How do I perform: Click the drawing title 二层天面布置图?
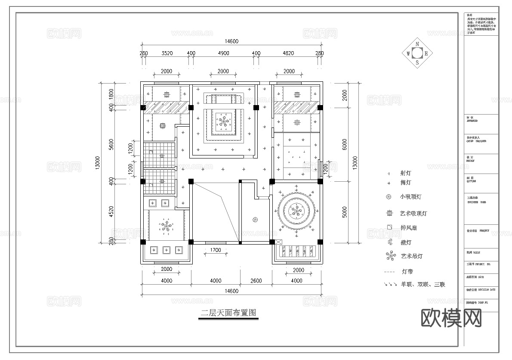[228, 313]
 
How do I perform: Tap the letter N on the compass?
[417, 44]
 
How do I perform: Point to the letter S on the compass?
[417, 62]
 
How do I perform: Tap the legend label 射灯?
[406, 173]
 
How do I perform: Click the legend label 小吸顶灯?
[410, 197]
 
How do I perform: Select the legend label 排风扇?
[408, 228]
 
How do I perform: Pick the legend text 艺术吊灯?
[411, 256]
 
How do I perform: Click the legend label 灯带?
[407, 272]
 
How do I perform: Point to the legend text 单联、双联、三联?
[423, 285]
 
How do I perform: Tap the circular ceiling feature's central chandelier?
[296, 211]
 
